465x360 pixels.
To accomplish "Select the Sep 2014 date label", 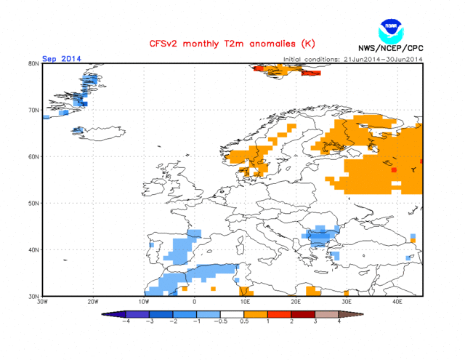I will coord(61,59).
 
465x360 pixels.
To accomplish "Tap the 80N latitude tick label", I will coord(33,64).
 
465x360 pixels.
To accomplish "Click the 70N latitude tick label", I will coord(33,111).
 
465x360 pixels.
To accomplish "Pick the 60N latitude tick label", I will coord(33,157).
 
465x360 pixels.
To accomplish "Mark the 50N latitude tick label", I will coord(33,204).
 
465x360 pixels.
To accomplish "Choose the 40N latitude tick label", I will coord(33,250).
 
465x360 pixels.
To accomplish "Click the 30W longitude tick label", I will coord(42,302).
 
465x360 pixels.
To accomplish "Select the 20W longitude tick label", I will coord(93,302).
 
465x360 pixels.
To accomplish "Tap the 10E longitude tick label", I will coord(246,302).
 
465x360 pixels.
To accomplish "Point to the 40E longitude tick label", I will coord(398,302).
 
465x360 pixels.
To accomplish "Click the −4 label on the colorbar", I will coord(126,321).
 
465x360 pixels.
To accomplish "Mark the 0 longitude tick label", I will coord(195,302).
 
